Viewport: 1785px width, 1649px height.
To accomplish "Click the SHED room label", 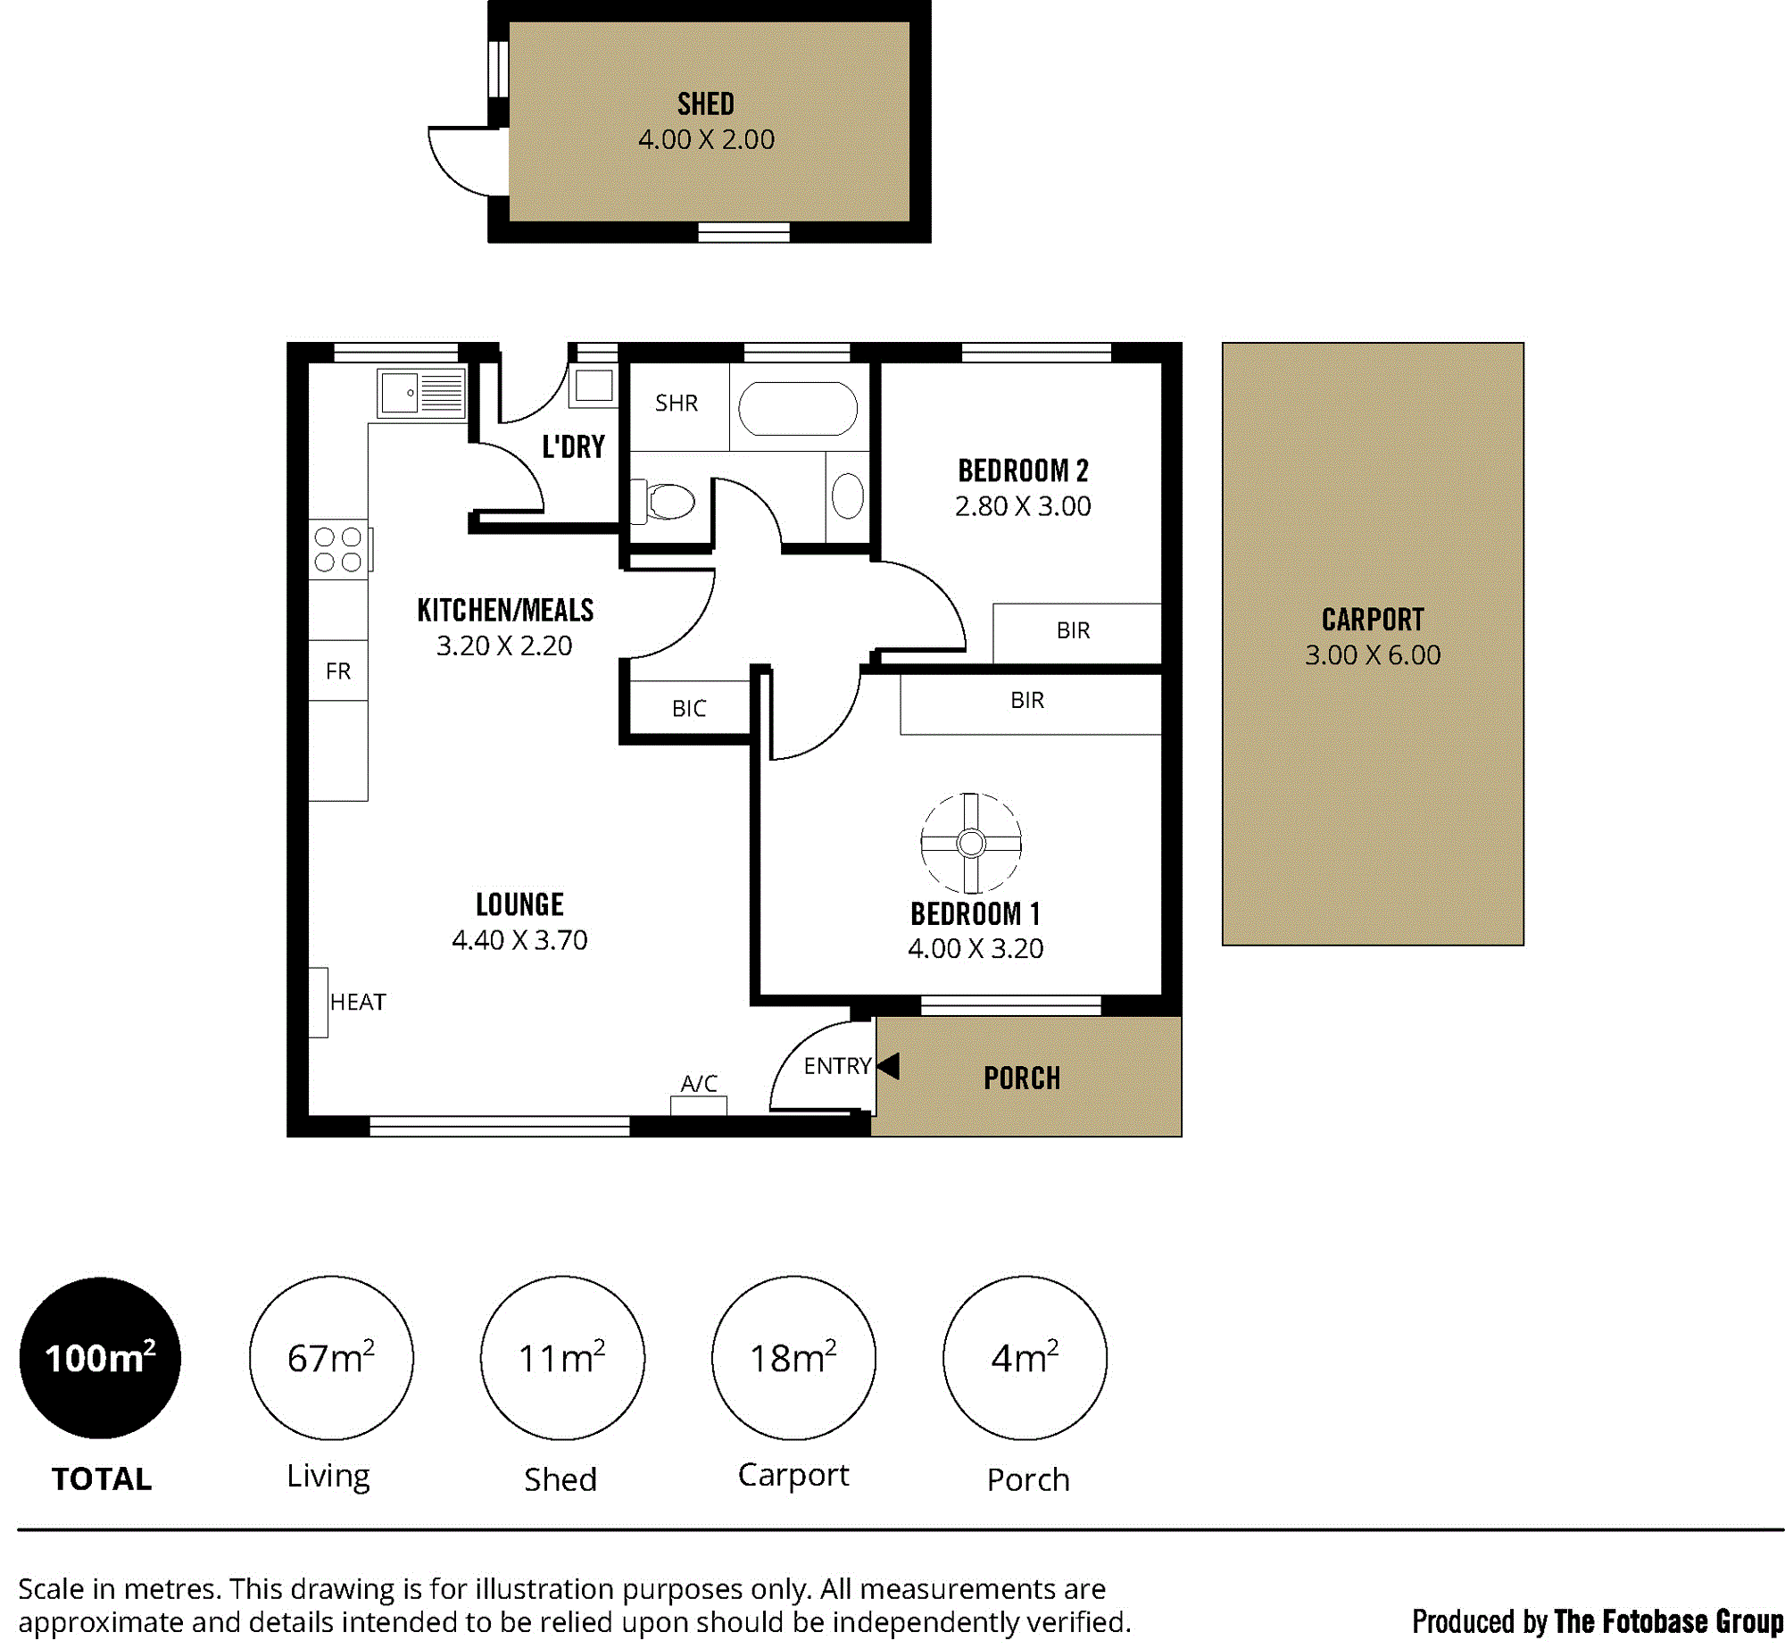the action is click(x=705, y=104).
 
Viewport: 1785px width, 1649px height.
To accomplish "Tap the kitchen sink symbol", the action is click(x=421, y=393).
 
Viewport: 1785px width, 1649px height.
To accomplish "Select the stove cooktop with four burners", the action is click(x=339, y=549).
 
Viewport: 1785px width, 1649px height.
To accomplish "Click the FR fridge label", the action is click(x=338, y=671).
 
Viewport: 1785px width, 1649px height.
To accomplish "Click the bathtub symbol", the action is click(x=798, y=409).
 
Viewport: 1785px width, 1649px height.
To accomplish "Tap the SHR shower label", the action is click(x=677, y=404).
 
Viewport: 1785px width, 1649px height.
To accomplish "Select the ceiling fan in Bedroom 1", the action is click(x=971, y=843).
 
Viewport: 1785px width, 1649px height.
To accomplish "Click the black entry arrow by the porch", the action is click(x=888, y=1065).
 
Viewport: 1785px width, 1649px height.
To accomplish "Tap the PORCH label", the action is click(x=1022, y=1079).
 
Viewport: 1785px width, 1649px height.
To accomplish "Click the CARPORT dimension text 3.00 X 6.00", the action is click(x=1373, y=655).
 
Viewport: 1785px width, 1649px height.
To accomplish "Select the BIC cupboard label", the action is click(x=689, y=709).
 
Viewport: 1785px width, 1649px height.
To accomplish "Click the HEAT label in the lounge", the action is click(x=358, y=1003).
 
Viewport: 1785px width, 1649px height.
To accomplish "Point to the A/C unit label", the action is click(x=699, y=1084).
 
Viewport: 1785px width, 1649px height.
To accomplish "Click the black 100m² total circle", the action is click(x=100, y=1358).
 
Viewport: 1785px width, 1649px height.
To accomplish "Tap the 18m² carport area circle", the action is click(x=793, y=1358).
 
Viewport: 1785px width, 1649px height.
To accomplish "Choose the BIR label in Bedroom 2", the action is click(x=1073, y=631).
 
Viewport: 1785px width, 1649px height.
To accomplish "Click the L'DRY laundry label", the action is click(x=573, y=446).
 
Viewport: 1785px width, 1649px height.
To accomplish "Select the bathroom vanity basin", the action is click(x=848, y=496).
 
